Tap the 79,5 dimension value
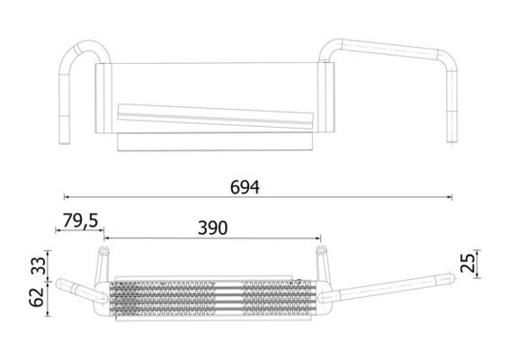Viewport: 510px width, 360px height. point(81,220)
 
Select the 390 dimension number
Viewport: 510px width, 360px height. point(213,229)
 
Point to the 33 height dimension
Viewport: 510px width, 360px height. point(38,265)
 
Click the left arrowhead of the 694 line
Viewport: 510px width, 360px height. point(67,196)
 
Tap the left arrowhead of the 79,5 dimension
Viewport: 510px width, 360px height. point(58,231)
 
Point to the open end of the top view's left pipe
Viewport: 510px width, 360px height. point(64,139)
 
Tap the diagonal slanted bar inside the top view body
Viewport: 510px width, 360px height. point(216,114)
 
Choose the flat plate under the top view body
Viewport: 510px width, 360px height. point(216,142)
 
